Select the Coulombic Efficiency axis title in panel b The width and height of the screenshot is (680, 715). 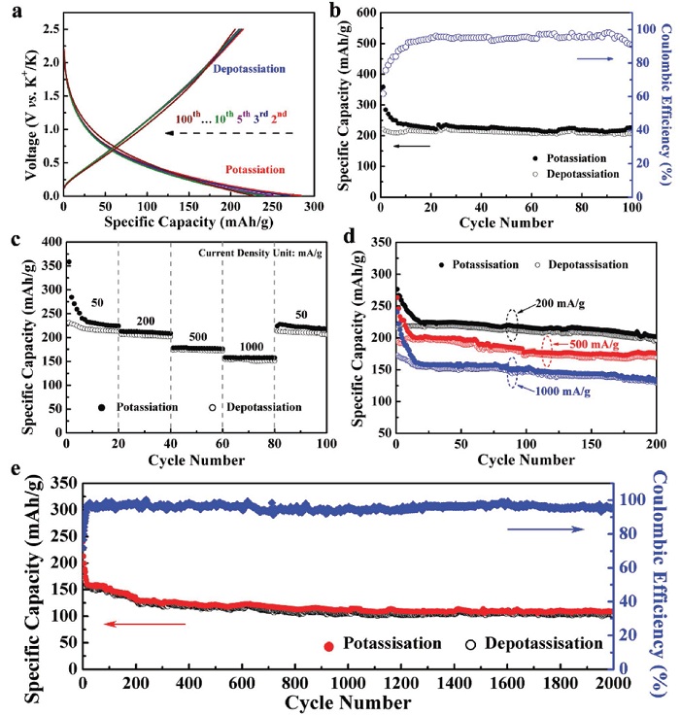point(668,103)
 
